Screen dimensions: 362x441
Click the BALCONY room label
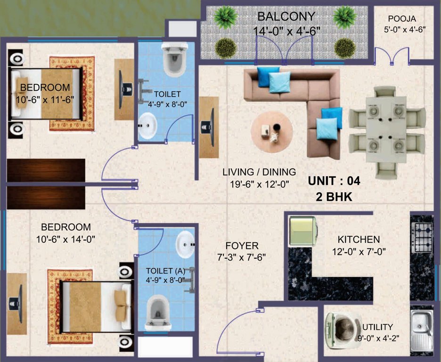[286, 16]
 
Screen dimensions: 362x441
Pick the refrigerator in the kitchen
[303, 230]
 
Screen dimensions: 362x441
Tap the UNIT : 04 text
[334, 181]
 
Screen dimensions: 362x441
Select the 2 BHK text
[334, 197]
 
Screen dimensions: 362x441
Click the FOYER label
[242, 246]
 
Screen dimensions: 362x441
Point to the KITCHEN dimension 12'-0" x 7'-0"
[359, 252]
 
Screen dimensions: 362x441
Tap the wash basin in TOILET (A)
[186, 244]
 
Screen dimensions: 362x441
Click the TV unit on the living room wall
[208, 127]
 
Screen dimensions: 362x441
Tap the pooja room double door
[392, 56]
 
